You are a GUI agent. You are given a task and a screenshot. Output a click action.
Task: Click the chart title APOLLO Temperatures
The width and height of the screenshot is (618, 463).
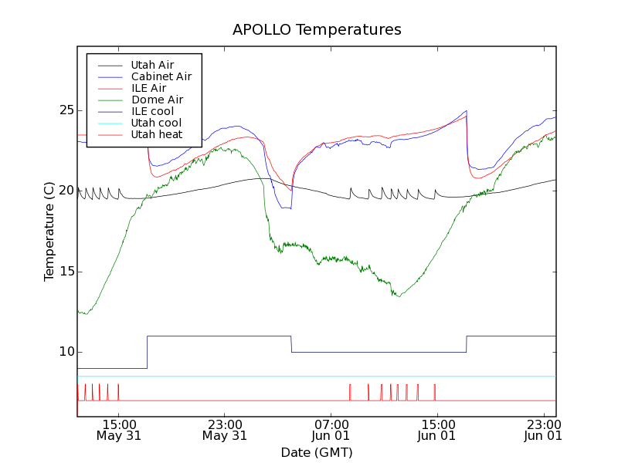(317, 30)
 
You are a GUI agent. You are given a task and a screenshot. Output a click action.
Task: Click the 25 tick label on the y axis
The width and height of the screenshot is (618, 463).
(66, 110)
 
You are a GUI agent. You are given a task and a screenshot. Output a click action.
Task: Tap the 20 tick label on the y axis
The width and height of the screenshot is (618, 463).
(66, 191)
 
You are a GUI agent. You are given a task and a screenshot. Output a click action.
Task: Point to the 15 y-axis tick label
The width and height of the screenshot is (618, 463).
(66, 272)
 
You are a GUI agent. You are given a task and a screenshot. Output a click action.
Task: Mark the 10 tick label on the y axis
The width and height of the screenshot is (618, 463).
(66, 352)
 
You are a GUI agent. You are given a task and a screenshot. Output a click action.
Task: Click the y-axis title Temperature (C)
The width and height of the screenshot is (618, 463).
(49, 231)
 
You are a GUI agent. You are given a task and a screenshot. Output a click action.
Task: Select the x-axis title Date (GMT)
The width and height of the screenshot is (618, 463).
(317, 452)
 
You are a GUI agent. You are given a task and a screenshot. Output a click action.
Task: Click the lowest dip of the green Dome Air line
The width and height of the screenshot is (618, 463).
(84, 313)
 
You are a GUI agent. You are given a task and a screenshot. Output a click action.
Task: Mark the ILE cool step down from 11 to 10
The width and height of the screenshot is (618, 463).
(291, 344)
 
